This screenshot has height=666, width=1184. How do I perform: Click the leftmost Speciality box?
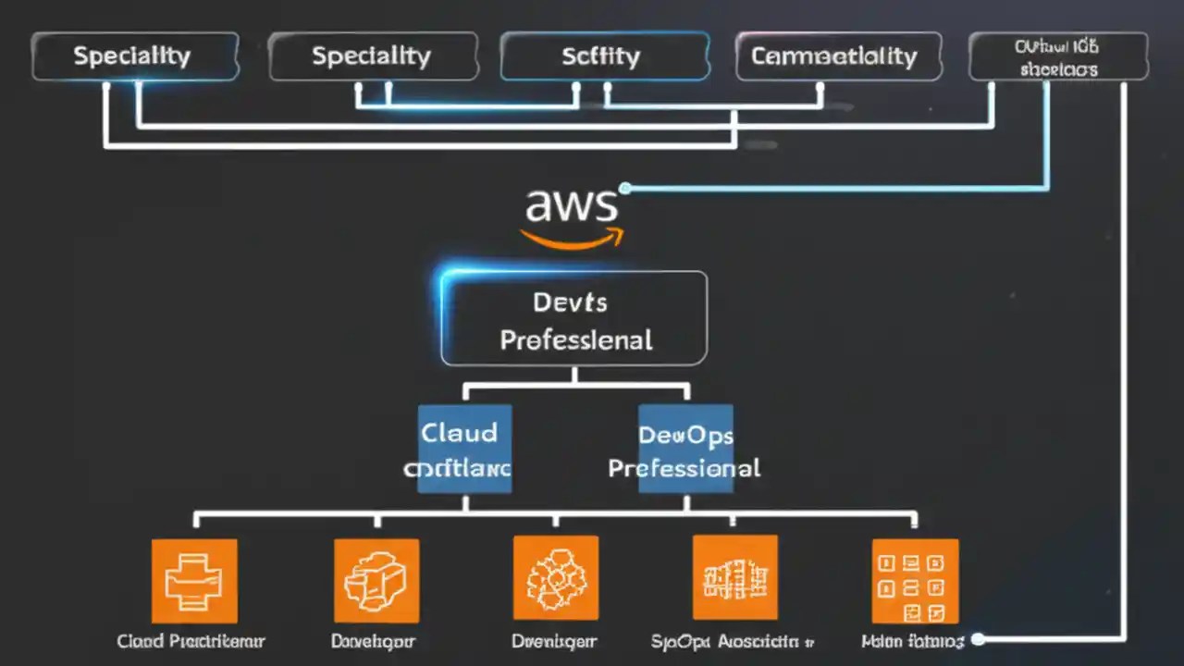coord(135,56)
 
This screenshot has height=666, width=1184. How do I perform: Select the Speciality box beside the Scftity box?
coord(373,56)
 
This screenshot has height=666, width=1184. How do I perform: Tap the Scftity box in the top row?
coord(604,56)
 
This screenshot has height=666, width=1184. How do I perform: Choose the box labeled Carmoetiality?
coord(838,56)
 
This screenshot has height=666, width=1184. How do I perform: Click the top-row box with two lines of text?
coord(1058,56)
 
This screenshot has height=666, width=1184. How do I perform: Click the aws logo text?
coord(570,204)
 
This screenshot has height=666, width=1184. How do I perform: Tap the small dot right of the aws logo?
coord(625,189)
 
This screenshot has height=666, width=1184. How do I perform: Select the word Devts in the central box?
coord(570,302)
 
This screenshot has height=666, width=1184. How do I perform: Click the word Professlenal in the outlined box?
coord(575,339)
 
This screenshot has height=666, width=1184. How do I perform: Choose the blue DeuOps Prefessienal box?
coord(685,449)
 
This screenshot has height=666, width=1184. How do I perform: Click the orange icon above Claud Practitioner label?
coord(194,580)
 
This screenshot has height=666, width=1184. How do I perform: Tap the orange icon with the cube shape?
coord(376,580)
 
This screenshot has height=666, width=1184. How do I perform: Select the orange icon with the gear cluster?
coord(556,578)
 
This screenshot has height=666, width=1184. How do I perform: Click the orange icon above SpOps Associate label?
coord(735,577)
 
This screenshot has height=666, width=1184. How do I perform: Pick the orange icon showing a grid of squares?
coord(915,580)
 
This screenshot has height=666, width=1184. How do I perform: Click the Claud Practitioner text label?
coord(191,641)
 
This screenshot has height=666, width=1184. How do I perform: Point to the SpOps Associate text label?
coord(731,641)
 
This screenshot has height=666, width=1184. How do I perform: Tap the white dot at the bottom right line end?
coord(979,639)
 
